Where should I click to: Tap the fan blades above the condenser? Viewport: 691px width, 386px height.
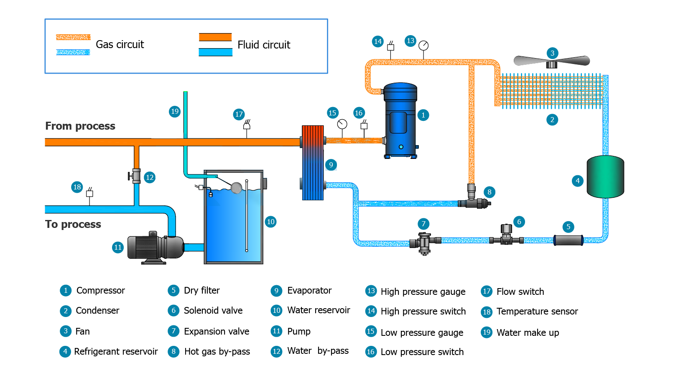tap(551, 61)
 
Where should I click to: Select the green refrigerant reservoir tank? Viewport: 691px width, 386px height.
tap(605, 176)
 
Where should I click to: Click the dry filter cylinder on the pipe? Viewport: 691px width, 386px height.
tap(568, 240)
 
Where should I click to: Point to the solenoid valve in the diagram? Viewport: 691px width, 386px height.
tap(506, 235)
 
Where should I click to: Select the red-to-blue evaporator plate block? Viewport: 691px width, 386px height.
tap(313, 163)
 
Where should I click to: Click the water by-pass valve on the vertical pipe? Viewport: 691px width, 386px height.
tap(136, 176)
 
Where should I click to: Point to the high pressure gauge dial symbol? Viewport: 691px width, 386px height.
tap(423, 45)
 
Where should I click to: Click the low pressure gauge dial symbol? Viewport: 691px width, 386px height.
tap(342, 124)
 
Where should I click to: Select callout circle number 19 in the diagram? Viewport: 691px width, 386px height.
tap(175, 111)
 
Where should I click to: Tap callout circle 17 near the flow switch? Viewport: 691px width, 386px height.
tap(239, 114)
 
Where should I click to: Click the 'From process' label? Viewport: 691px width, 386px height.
tap(80, 126)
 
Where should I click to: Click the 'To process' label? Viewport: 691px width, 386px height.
tap(73, 224)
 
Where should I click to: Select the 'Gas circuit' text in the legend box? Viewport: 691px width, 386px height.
tap(120, 44)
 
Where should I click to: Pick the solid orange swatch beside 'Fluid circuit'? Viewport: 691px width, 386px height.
tap(215, 37)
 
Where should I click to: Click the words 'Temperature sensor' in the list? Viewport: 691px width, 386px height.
tap(537, 312)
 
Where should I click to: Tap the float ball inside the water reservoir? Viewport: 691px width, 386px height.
tap(236, 188)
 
